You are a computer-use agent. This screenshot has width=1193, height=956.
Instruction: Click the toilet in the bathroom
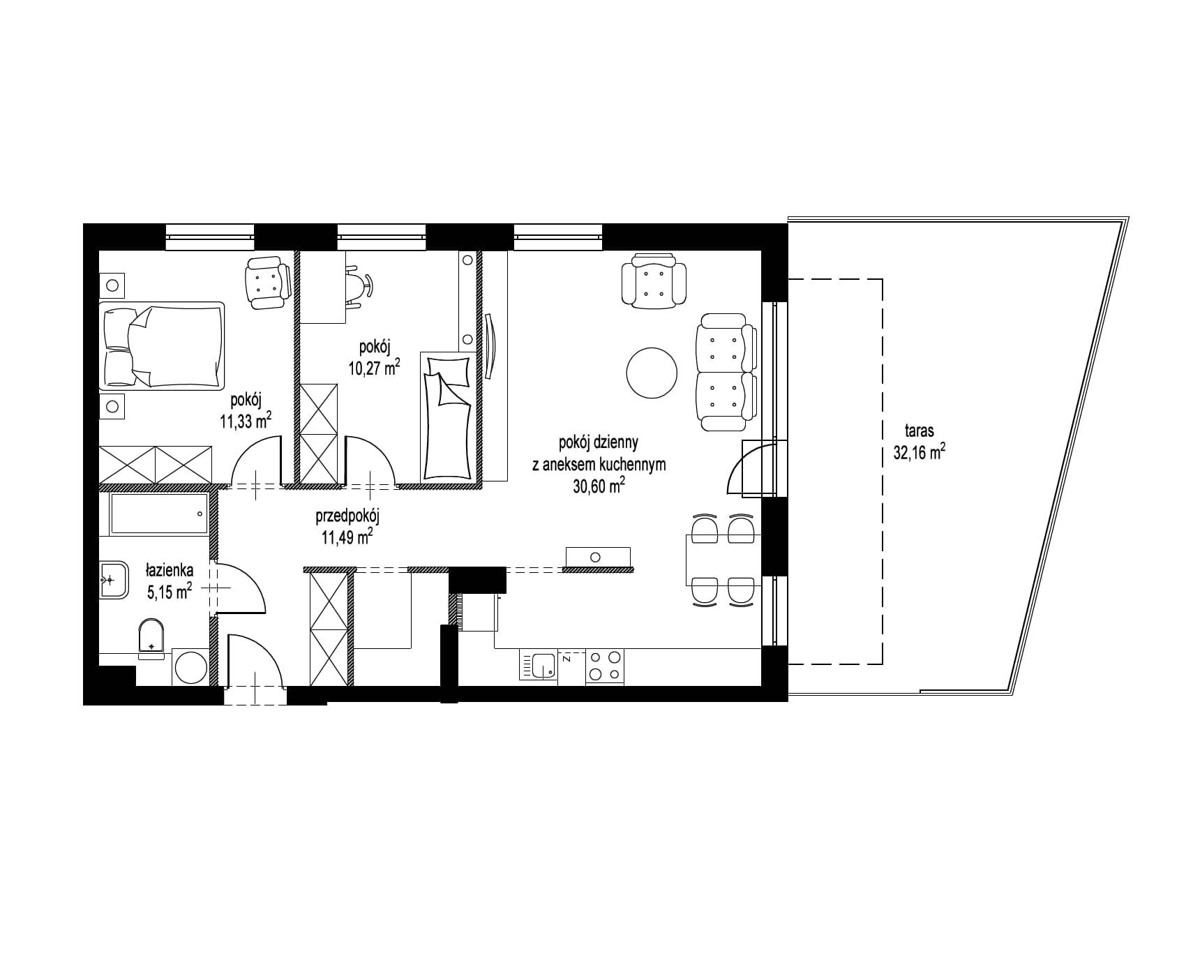point(151,638)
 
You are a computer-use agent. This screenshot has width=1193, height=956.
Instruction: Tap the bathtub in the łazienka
point(159,514)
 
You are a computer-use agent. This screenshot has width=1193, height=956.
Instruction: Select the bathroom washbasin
point(114,578)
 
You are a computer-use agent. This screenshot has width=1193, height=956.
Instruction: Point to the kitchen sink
point(538,665)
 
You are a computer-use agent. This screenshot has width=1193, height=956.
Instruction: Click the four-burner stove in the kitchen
point(605,666)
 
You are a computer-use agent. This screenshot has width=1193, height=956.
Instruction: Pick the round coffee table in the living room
point(652,373)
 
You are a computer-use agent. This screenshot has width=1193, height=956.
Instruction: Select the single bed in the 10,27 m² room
point(449,416)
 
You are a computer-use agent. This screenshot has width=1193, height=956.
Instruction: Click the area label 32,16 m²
point(920,452)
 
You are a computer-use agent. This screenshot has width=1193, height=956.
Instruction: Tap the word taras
point(919,431)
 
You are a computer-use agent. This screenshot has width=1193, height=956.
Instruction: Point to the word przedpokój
point(347,516)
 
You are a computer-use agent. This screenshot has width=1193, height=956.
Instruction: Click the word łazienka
point(170,571)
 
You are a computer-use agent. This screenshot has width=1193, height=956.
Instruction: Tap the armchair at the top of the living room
point(654,281)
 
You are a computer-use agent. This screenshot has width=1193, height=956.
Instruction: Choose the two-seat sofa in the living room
point(728,372)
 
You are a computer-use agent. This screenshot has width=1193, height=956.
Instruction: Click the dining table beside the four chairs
point(723,560)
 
